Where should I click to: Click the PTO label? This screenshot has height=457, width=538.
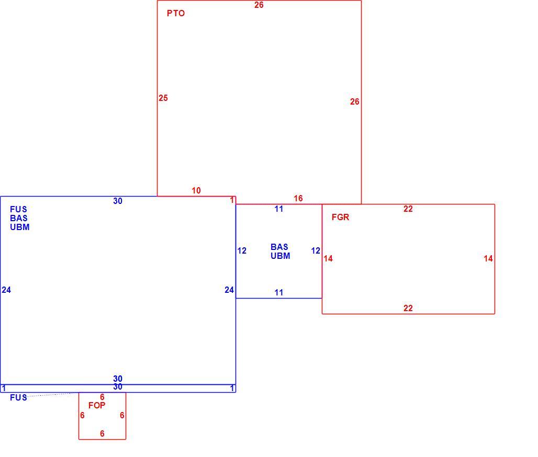pos(176,14)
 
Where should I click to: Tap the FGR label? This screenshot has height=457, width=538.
pos(340,217)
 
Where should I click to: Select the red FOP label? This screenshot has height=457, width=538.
pos(97,405)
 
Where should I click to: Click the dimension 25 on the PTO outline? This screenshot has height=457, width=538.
pos(163,98)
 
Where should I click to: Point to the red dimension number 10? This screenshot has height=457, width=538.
pos(196,191)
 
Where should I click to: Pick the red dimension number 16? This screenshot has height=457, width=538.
pos(298,198)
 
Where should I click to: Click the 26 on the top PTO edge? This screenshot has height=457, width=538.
pos(259,5)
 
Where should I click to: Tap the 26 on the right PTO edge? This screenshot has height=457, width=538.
pos(355,101)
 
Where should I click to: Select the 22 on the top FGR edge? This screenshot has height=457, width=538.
pos(408,209)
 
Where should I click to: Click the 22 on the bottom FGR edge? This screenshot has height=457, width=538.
pos(408,308)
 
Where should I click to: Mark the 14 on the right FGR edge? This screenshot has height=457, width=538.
pos(488,258)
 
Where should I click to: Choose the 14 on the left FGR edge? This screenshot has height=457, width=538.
pos(328,258)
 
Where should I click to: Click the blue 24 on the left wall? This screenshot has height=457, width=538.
pos(6,290)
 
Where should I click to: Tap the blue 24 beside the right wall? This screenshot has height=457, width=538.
pos(229,290)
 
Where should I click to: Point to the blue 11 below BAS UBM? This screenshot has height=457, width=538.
pos(279,292)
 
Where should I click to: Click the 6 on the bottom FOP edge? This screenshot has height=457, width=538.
pos(102,433)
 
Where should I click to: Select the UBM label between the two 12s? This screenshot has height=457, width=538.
pos(281,256)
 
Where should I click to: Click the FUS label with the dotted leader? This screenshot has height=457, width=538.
pos(18,397)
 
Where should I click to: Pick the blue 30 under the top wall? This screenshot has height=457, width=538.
pos(118,201)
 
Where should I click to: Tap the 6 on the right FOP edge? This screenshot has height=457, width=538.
pos(122,415)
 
